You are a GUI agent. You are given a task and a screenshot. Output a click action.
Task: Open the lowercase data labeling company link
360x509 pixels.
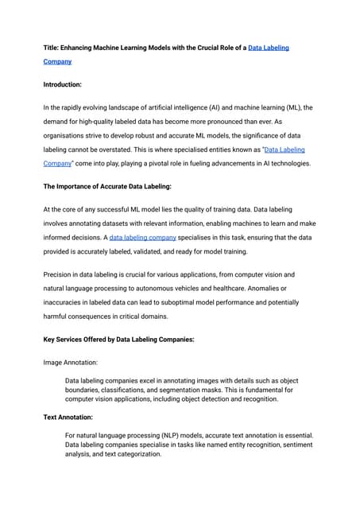point(142,238)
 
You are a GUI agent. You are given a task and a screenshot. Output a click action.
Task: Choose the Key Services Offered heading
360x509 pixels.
point(118,339)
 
